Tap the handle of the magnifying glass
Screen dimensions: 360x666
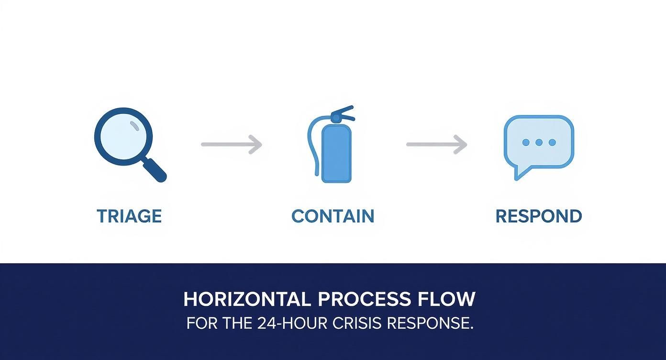click(155, 170)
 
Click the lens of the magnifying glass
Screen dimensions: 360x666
click(123, 136)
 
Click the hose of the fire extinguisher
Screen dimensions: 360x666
click(311, 144)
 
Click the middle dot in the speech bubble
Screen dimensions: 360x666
click(539, 142)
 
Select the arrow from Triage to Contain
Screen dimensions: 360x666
click(232, 144)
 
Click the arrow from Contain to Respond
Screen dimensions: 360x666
click(436, 144)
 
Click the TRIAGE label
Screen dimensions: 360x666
click(129, 216)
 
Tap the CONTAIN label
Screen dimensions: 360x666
click(333, 216)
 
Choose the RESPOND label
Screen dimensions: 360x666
click(538, 216)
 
